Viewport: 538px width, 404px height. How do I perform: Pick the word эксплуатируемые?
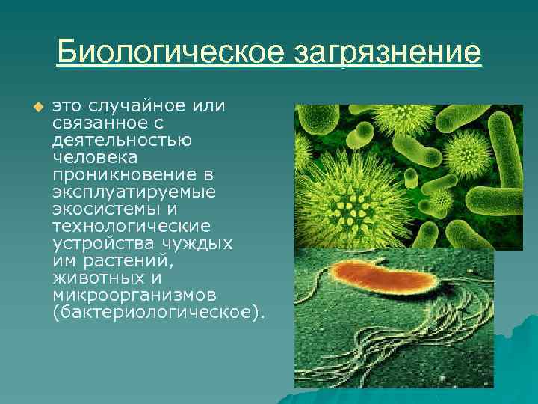pos(134,192)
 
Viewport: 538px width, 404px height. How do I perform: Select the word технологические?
pos(132,226)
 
